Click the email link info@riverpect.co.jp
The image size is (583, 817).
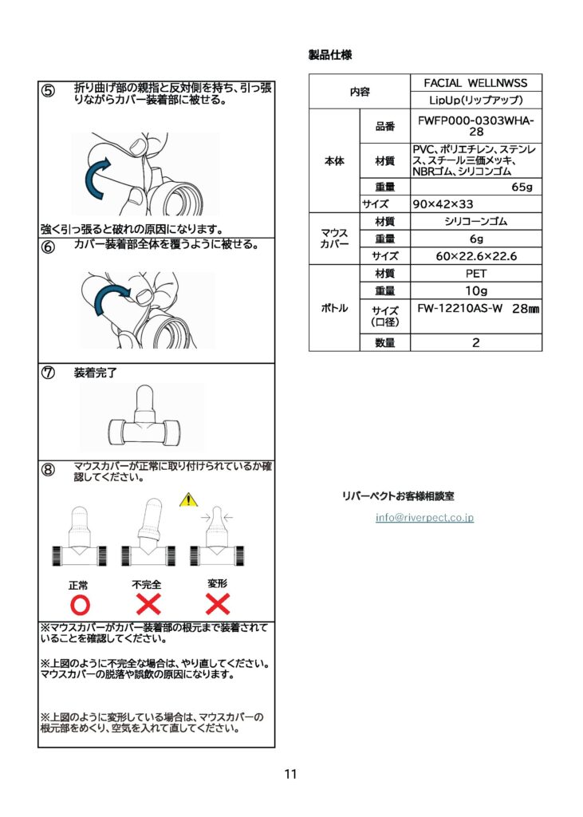tap(424, 517)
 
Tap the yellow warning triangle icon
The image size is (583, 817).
tap(188, 499)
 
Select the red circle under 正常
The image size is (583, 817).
tap(80, 605)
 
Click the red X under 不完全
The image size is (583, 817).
tap(148, 605)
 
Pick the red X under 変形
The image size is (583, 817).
tap(218, 605)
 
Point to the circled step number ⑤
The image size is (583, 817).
tap(48, 91)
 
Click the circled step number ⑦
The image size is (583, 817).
tap(48, 373)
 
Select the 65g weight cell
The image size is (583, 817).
tap(476, 187)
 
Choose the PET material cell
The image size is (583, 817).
tap(476, 274)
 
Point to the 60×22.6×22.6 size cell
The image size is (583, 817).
tap(476, 256)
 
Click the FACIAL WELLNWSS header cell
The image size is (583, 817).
tap(476, 83)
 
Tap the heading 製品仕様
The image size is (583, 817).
tap(330, 55)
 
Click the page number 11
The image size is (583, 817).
tap(291, 774)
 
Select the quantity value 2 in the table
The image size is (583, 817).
tap(476, 342)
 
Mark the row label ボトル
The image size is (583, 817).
tap(334, 308)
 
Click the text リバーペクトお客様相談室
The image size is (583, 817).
tap(398, 496)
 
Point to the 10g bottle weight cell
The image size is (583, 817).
tap(476, 290)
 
